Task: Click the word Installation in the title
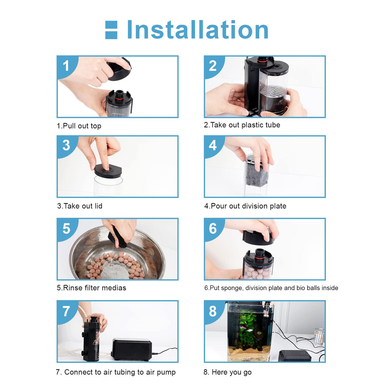coord(197,30)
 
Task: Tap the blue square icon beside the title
coord(111,30)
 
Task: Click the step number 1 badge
coord(66,66)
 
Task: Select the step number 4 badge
coord(213,145)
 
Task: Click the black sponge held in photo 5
coord(117,237)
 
